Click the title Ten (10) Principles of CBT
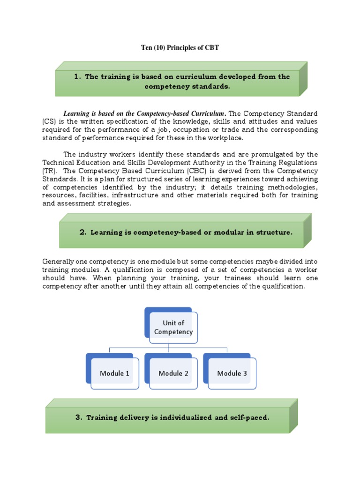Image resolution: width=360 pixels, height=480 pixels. (x=180, y=48)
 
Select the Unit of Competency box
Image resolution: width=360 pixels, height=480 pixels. (x=173, y=327)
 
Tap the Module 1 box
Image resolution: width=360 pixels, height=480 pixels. (x=114, y=373)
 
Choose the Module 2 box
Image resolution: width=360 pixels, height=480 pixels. (x=173, y=373)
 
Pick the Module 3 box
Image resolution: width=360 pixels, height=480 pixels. (x=232, y=373)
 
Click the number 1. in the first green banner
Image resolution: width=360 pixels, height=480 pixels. (x=77, y=77)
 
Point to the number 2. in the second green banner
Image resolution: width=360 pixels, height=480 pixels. (x=83, y=232)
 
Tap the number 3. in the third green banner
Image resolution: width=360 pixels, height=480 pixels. (x=78, y=417)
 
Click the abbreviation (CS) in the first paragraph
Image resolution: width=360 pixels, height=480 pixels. (x=49, y=122)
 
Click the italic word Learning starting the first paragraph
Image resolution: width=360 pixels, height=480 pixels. (x=78, y=114)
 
